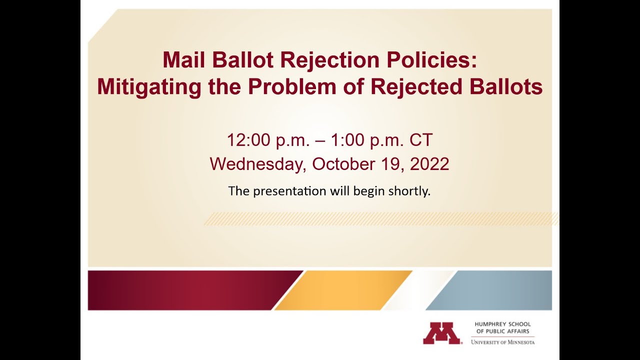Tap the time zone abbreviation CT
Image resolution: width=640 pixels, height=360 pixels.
point(420,140)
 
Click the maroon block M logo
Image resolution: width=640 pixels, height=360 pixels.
point(441,333)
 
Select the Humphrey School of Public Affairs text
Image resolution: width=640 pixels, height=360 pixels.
point(502,327)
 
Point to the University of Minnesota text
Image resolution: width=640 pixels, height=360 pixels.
point(502,342)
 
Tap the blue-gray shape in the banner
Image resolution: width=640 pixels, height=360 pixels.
point(495,290)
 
